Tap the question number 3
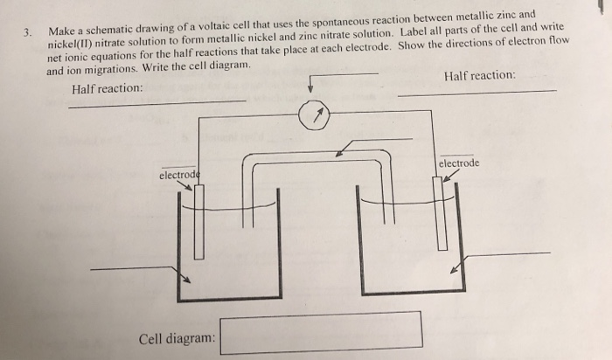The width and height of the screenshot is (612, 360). point(28,33)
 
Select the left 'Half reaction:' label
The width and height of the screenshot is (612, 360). point(108,89)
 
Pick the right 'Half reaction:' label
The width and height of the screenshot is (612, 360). point(480,76)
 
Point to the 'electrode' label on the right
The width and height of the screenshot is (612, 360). point(458,163)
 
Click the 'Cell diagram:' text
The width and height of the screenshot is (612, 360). point(176,337)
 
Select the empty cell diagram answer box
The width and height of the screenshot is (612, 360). point(321,332)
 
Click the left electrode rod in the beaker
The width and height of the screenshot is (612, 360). point(199,222)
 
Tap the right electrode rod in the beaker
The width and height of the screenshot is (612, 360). point(439,214)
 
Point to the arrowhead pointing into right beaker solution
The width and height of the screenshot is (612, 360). point(454,270)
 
